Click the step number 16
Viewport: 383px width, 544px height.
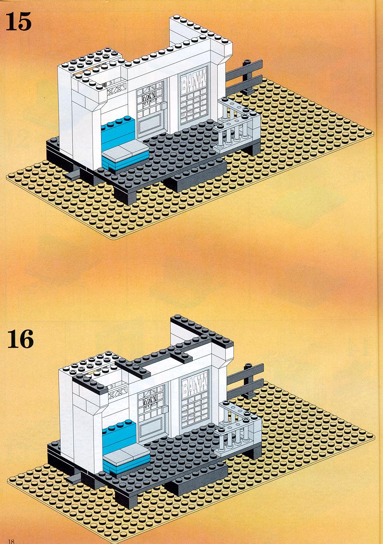pos(20,339)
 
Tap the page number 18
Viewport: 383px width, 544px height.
pos(11,541)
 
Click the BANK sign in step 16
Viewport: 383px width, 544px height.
pos(194,383)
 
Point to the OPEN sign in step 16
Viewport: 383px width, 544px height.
pos(151,400)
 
